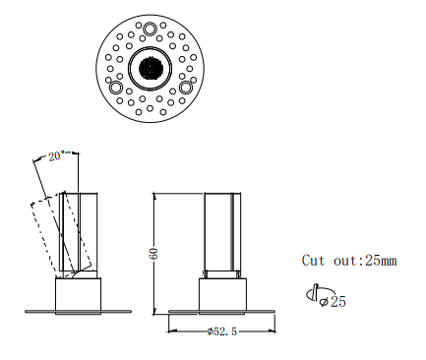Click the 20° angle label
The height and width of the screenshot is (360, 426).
[x=55, y=156]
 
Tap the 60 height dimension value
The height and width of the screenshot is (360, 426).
[x=153, y=253]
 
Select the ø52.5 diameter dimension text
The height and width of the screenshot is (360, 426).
[x=222, y=331]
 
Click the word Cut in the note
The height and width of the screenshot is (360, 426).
[x=314, y=261]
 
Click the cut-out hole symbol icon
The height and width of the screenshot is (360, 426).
[x=312, y=294]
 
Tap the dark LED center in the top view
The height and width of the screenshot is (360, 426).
[x=151, y=69]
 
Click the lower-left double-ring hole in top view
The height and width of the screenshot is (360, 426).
[x=116, y=89]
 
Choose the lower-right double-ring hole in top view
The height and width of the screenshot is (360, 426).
[x=185, y=89]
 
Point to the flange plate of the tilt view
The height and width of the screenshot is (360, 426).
[x=78, y=312]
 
